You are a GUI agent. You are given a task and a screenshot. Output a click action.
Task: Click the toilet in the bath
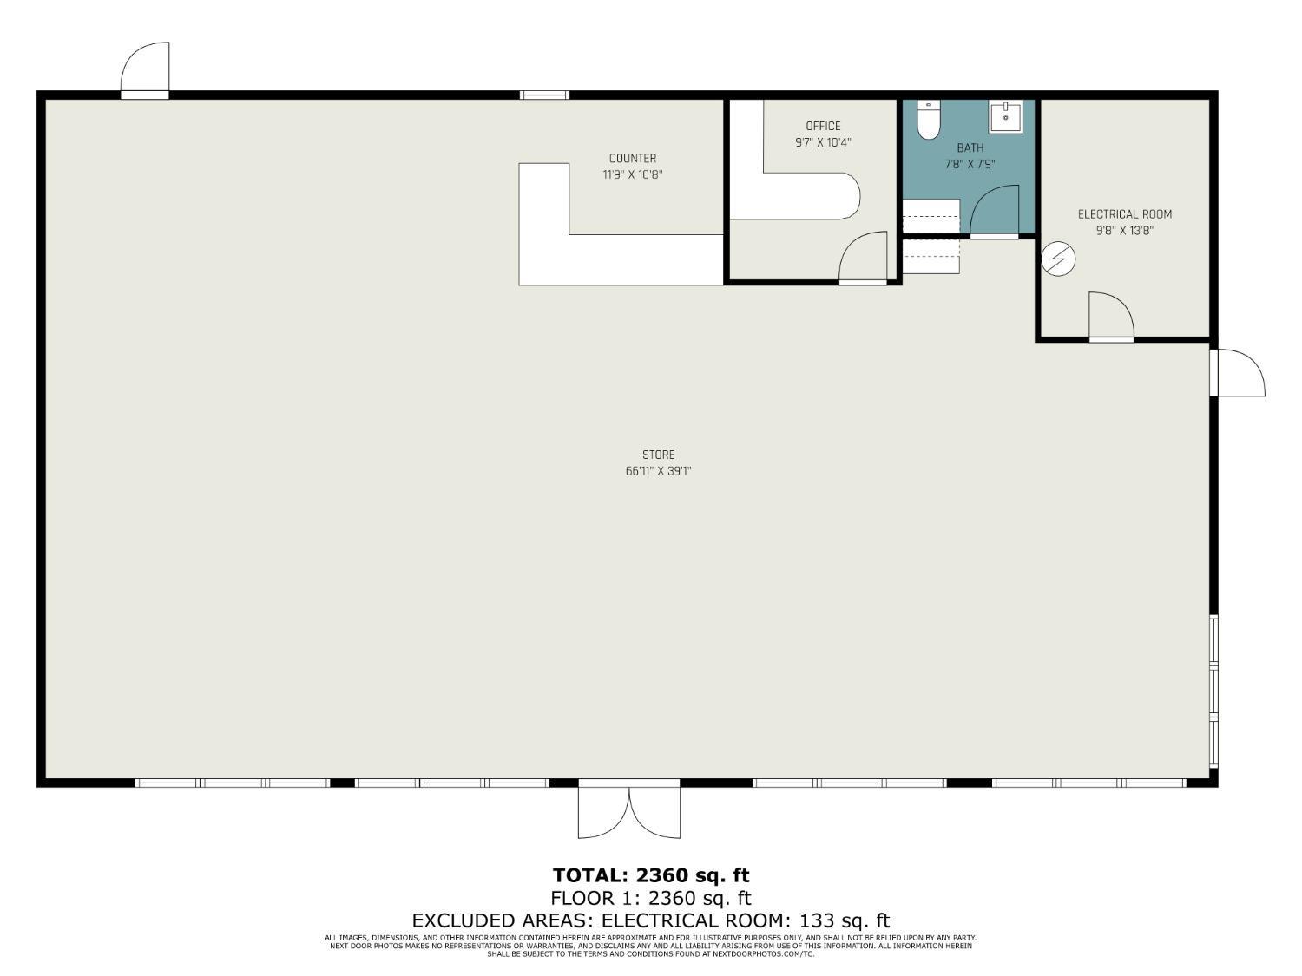928,120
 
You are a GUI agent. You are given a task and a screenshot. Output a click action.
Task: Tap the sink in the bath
1005,117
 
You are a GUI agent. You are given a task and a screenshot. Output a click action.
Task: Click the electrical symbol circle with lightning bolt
1058,259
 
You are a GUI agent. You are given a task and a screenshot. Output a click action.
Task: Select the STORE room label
659,455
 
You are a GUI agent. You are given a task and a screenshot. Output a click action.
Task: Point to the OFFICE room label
823,126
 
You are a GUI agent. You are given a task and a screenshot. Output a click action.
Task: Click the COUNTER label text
632,158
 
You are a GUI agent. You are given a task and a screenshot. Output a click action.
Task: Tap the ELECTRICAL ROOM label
1125,214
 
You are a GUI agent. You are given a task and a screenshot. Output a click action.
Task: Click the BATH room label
970,147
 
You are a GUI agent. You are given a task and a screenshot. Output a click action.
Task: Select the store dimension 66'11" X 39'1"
659,471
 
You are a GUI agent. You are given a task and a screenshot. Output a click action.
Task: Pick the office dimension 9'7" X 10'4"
823,142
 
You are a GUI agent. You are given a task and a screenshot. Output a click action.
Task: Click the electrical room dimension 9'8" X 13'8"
1125,231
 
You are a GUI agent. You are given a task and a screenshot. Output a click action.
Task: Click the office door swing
863,258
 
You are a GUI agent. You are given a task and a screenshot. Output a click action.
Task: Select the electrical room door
1112,317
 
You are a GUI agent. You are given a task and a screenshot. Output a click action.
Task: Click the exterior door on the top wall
145,70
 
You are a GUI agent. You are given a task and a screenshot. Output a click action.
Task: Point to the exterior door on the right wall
1238,372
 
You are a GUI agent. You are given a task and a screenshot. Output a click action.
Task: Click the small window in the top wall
544,95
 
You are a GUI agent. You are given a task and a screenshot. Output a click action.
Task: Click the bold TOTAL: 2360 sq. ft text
651,874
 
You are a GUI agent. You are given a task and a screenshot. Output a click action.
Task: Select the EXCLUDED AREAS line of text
651,920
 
